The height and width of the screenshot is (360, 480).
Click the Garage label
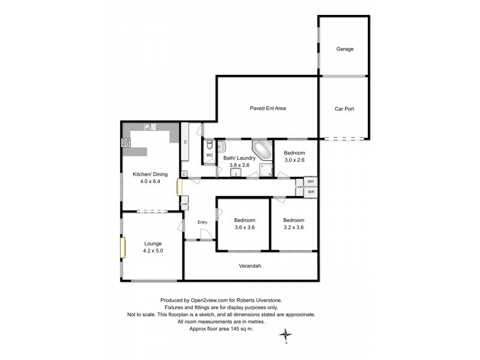click(x=343, y=49)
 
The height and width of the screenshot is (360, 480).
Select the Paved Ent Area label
click(x=268, y=109)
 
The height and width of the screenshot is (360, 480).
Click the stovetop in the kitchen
click(x=126, y=143)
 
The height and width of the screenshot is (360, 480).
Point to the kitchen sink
click(x=149, y=127)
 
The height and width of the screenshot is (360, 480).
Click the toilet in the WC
click(x=208, y=145)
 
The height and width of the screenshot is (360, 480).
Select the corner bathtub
click(x=262, y=149)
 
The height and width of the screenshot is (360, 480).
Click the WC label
click(x=209, y=155)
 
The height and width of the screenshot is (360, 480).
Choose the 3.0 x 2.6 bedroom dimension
click(x=295, y=160)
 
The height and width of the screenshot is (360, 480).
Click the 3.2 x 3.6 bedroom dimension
click(x=294, y=227)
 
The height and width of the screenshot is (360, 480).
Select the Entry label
click(x=203, y=223)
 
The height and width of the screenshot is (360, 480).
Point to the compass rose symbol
click(x=287, y=334)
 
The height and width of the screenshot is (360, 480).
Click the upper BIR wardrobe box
click(x=310, y=181)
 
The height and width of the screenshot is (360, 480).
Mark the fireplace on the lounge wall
click(x=122, y=247)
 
